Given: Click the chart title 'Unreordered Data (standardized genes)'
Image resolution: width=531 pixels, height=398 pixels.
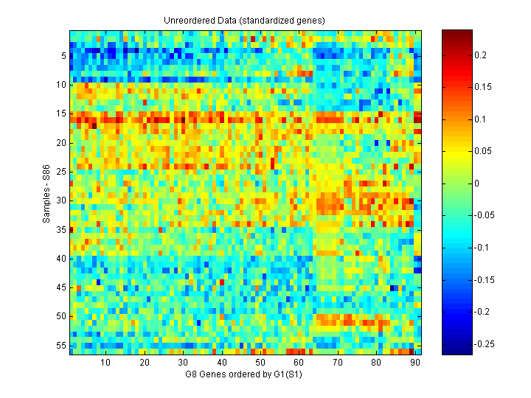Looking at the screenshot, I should (244, 20).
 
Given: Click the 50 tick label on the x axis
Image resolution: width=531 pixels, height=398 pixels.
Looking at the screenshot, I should (260, 363).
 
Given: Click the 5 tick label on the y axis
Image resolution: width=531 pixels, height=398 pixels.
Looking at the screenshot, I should (64, 56).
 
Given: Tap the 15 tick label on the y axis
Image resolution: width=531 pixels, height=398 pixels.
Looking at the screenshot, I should (62, 114).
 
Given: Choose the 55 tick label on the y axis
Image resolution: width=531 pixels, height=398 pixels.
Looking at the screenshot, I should (62, 345).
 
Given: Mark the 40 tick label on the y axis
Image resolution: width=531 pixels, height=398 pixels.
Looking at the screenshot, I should (62, 259).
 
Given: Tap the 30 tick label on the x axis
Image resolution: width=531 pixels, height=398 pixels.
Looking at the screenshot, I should (183, 363).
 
